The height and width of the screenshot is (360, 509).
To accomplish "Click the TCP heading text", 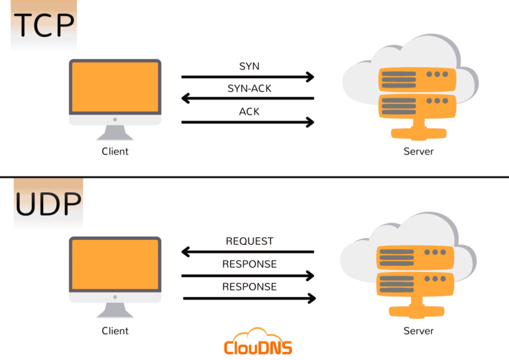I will tap(44, 25).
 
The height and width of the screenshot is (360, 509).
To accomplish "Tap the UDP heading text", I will tap(48, 205).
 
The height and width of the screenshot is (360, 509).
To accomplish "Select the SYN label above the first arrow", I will tap(249, 67).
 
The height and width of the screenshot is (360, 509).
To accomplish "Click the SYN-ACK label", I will tap(249, 88).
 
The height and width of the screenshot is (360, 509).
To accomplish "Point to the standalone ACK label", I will tap(249, 111).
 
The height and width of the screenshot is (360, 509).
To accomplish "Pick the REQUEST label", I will tap(249, 241).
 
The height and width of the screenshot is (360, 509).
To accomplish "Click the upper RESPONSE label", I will tap(249, 264).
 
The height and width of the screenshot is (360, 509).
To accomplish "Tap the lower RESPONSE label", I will tap(249, 287).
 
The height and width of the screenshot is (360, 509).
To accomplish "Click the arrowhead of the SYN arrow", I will tap(309, 77).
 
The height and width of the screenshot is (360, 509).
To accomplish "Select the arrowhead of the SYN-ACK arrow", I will tap(187, 99).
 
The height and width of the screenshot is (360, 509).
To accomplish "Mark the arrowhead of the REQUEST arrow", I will tap(187, 252).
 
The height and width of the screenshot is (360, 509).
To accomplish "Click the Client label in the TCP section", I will tap(115, 151).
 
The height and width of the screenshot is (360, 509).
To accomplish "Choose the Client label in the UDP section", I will tap(115, 330).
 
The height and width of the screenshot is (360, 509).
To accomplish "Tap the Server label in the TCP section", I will tap(418, 151).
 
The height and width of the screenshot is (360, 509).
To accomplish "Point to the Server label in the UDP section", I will tap(418, 330).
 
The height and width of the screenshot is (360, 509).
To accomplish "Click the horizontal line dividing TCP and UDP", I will tap(254, 177).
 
